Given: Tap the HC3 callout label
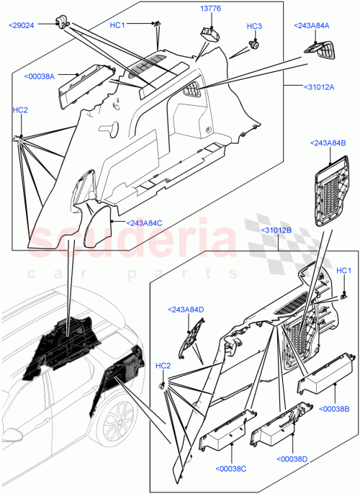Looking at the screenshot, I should click(254, 27).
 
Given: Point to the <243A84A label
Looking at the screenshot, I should click(311, 26).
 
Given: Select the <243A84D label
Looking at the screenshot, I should click(186, 310).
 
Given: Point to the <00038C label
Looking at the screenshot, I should click(230, 469).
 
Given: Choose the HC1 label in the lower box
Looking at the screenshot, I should click(344, 271).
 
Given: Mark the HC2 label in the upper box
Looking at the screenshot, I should click(20, 109).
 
